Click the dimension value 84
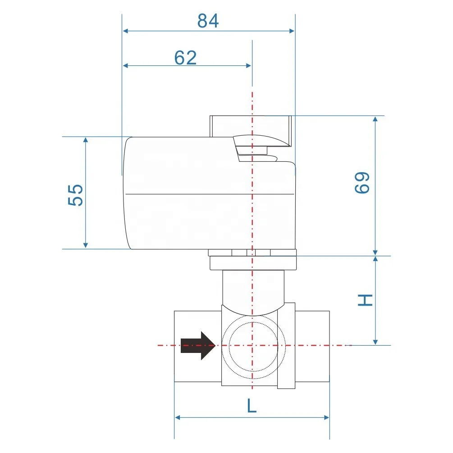coord(208,21)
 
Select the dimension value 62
coord(186,57)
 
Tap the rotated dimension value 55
coord(77,194)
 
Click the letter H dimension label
coord(365,300)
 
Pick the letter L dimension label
coord(252,406)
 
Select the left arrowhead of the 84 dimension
coord(126,31)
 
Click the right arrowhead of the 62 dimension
coord(248,65)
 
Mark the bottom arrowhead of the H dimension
coord(375,342)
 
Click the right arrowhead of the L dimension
coord(326,417)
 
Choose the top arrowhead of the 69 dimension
coord(375,119)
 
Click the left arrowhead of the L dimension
coord(178,417)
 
